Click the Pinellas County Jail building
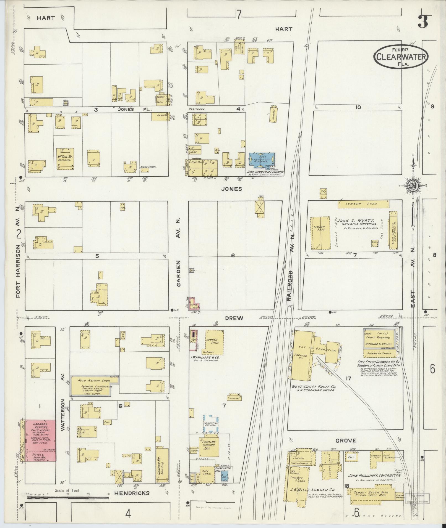[209, 448]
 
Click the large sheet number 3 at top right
[423, 22]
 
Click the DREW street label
[234, 318]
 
